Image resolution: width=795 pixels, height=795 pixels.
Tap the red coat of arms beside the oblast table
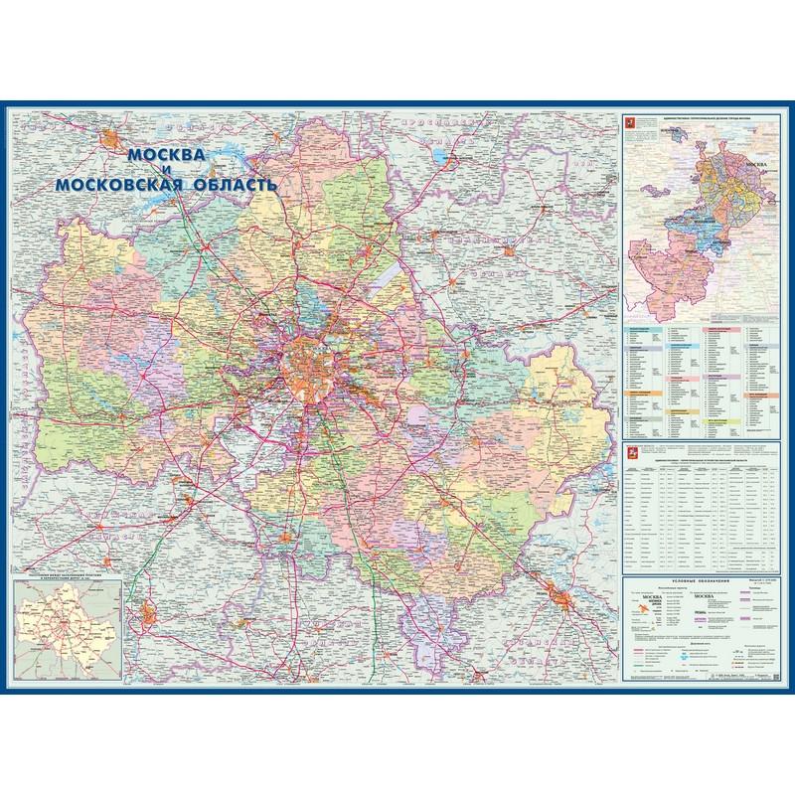click(x=627, y=455)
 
